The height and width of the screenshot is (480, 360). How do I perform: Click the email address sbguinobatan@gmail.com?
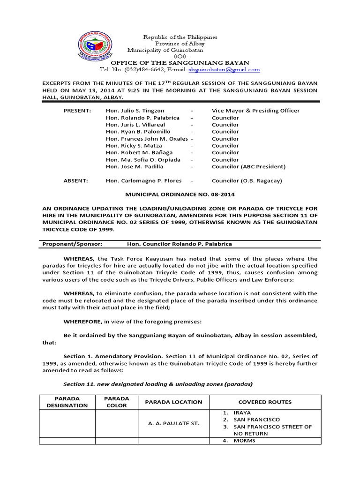coord(224,69)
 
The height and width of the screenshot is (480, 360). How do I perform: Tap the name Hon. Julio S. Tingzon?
coord(135,111)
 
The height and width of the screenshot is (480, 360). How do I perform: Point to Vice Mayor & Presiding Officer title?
coord(255,111)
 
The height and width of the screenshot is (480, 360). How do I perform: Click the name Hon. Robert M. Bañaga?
coord(139,152)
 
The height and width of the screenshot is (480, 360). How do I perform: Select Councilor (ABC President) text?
coord(248,166)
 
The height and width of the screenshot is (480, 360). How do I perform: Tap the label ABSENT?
coord(75,180)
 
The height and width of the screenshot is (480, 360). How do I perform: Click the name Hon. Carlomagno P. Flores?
coord(143,180)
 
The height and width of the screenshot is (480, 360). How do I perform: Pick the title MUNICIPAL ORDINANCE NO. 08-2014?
coord(180,194)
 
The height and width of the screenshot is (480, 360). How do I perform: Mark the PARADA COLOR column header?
coord(117,402)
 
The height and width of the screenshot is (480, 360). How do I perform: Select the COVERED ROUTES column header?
coord(265,402)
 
